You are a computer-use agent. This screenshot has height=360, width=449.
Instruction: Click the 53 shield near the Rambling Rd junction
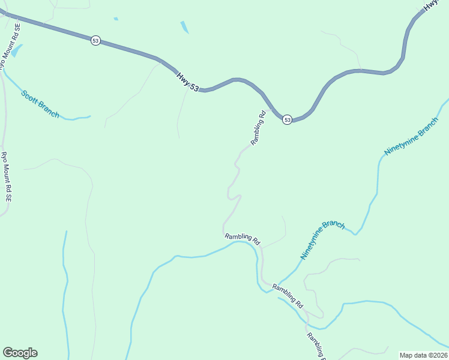[x=288, y=120]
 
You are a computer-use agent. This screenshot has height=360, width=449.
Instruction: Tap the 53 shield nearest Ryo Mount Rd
[x=95, y=41]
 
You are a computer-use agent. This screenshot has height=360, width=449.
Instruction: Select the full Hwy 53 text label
[x=187, y=82]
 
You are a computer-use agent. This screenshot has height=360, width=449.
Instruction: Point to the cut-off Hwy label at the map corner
[x=431, y=5]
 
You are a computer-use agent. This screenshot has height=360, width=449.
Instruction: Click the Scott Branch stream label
[x=41, y=104]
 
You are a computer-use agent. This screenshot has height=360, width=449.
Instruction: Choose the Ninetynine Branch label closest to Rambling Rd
[x=323, y=240]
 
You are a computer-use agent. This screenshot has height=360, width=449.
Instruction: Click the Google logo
[x=20, y=353]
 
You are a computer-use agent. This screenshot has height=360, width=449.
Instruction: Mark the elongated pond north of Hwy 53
[x=184, y=27]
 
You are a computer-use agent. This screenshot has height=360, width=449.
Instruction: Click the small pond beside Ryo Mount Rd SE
[x=17, y=51]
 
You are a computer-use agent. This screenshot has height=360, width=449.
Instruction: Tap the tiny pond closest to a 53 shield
[x=116, y=19]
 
